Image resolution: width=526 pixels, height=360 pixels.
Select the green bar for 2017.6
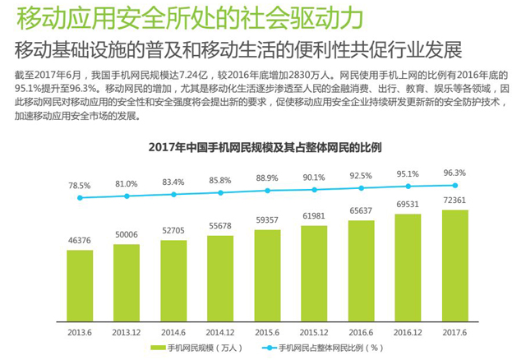coord(455,265)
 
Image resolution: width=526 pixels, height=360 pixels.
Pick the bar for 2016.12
coord(408,267)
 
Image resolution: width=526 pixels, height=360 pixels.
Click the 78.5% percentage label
coord(80,186)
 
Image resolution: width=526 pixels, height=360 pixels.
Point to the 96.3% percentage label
coord(455,173)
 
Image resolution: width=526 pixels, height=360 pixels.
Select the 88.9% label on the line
coord(267,178)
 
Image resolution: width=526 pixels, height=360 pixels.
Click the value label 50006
coord(127,234)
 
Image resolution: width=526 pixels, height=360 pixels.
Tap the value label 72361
coord(455,201)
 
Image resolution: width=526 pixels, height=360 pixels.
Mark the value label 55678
coord(220,225)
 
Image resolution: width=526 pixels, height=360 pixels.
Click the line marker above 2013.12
coord(127,196)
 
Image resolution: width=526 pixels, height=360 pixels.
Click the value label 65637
coord(362,211)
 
